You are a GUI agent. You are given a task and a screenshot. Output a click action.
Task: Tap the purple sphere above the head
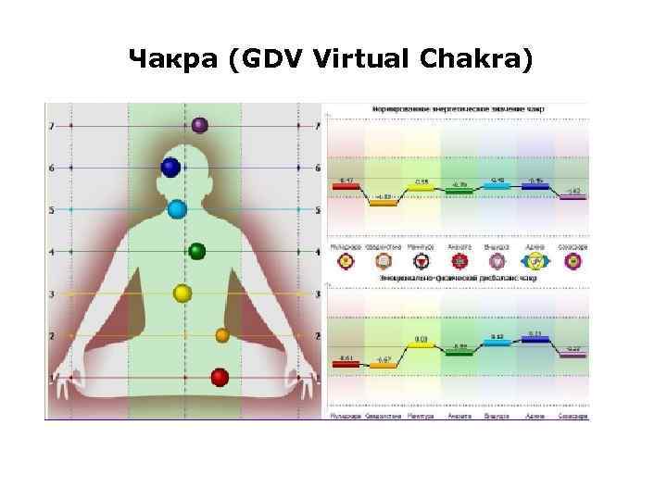[199, 125]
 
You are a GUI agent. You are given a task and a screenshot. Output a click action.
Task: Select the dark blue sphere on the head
[170, 168]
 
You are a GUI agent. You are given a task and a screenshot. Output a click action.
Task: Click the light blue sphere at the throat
[177, 209]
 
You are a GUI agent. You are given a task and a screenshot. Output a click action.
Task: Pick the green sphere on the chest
[196, 251]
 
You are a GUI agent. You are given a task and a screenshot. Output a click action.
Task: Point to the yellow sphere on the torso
[182, 294]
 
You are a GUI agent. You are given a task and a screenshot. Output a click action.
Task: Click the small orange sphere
[221, 334]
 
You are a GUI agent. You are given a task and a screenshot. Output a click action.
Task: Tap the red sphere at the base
[220, 377]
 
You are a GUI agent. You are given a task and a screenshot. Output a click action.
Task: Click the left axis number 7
[52, 125]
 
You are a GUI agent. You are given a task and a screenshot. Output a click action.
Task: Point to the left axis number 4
[52, 252]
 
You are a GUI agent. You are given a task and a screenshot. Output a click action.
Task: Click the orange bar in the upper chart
[383, 202]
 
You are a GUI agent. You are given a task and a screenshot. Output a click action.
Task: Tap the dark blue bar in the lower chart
[535, 339]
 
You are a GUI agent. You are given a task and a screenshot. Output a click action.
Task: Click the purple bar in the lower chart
[573, 355]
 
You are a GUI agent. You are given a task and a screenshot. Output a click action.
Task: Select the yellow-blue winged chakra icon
[535, 261]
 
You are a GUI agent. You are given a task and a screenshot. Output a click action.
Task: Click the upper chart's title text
[458, 108]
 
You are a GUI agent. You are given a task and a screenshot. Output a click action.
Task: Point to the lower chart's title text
[458, 277]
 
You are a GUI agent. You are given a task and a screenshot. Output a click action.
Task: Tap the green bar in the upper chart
[458, 190]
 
